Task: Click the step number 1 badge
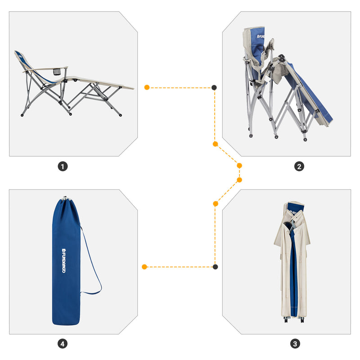63,166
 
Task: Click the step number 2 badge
299,166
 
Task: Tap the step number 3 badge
295,344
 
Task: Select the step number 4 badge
63,344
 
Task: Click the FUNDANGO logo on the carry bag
63,262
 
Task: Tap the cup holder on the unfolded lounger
57,72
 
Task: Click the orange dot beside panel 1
147,87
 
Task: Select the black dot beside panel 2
214,87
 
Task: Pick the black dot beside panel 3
215,267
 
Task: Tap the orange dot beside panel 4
144,267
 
